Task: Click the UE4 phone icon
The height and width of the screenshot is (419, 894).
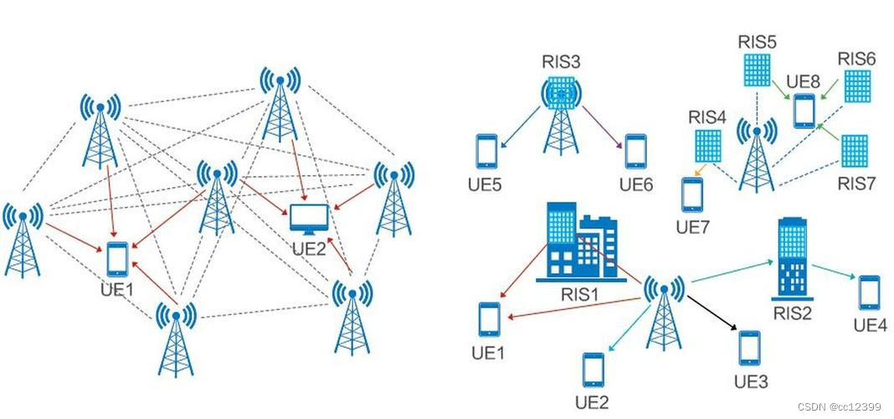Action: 870,292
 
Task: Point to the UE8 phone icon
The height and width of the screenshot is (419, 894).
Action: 804,110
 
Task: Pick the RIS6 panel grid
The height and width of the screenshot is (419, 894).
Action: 857,86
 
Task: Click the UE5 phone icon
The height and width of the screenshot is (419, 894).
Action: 487,151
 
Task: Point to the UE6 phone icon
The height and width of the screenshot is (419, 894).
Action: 636,151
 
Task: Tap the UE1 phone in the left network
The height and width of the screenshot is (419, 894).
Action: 117,259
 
